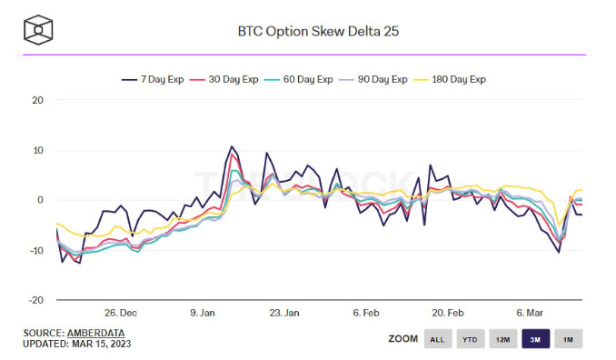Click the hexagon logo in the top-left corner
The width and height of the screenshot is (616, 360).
tap(39, 30)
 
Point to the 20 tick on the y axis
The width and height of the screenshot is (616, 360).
tap(37, 100)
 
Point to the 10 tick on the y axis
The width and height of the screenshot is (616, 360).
tap(37, 150)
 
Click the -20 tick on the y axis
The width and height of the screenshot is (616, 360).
tap(35, 299)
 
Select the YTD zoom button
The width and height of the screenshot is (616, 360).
tap(471, 339)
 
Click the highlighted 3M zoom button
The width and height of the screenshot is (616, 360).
tap(535, 339)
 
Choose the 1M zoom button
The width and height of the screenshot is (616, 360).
tap(568, 339)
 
